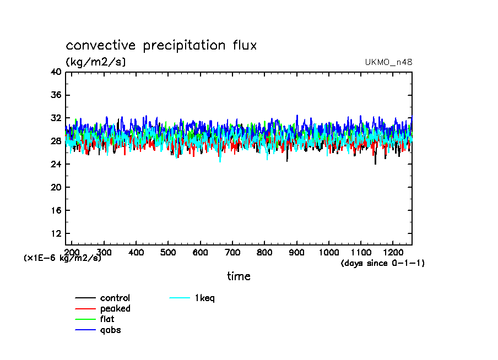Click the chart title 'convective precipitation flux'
click(x=161, y=46)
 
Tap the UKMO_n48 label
click(x=388, y=62)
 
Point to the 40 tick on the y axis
click(x=56, y=72)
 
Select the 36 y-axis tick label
click(x=56, y=95)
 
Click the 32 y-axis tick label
click(x=56, y=118)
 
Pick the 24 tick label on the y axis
click(x=56, y=165)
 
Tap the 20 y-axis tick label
click(x=56, y=188)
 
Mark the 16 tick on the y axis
click(x=56, y=211)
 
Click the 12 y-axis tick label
click(x=56, y=234)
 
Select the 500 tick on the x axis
click(x=168, y=252)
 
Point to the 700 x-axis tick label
click(x=232, y=252)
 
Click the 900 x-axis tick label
click(x=297, y=252)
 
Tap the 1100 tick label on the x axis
click(x=361, y=252)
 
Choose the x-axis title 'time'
click(x=239, y=276)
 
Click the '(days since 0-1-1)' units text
click(x=383, y=263)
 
